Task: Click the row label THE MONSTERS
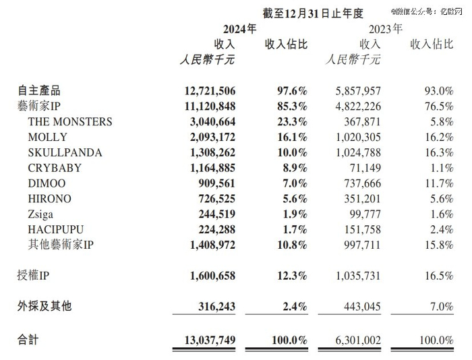(70, 122)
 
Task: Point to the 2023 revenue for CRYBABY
(362, 168)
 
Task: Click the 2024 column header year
(239, 29)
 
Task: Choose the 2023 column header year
(385, 29)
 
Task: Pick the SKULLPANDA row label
(65, 152)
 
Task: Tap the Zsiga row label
(42, 214)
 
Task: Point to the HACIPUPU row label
(56, 229)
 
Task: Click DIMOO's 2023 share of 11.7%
(438, 183)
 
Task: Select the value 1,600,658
(208, 275)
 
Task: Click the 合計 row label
(28, 339)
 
